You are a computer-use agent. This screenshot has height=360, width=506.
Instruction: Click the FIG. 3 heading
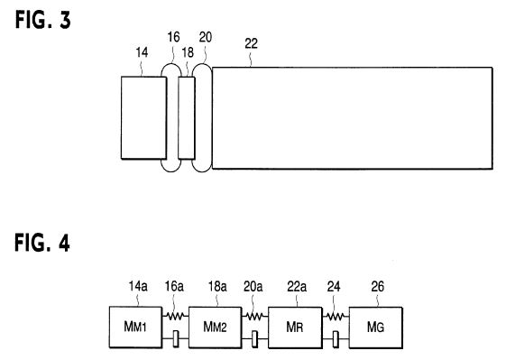[x=43, y=20]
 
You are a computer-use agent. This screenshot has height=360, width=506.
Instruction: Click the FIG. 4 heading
[x=42, y=243]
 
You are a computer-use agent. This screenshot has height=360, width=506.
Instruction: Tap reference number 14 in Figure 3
[x=142, y=52]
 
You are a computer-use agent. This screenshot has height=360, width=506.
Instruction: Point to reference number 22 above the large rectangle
[x=251, y=43]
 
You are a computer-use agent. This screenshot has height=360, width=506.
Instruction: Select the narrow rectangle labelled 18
[x=187, y=118]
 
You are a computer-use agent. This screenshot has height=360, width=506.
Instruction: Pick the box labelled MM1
[x=135, y=327]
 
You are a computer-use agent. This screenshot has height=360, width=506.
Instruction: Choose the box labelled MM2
[x=215, y=328]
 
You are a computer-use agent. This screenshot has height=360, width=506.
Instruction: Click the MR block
[x=295, y=328]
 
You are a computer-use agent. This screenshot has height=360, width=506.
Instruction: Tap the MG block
[x=375, y=328]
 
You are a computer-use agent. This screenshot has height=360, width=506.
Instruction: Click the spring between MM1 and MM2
[x=175, y=316]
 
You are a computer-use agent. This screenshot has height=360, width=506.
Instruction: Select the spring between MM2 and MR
[x=254, y=317]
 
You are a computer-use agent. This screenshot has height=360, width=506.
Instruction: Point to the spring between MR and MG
[x=336, y=317]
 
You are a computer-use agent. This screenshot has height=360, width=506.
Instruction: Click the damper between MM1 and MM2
[x=176, y=338]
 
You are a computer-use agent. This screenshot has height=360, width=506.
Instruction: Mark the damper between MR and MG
[x=336, y=339]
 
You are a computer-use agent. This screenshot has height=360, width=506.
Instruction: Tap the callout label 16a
[x=174, y=286]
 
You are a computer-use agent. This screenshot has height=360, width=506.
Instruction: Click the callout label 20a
[x=253, y=286]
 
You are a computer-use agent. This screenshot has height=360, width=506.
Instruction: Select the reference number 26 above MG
[x=378, y=286]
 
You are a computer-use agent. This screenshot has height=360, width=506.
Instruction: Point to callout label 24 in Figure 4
[x=334, y=286]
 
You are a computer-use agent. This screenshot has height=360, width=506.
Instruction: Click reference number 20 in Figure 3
[x=206, y=37]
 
